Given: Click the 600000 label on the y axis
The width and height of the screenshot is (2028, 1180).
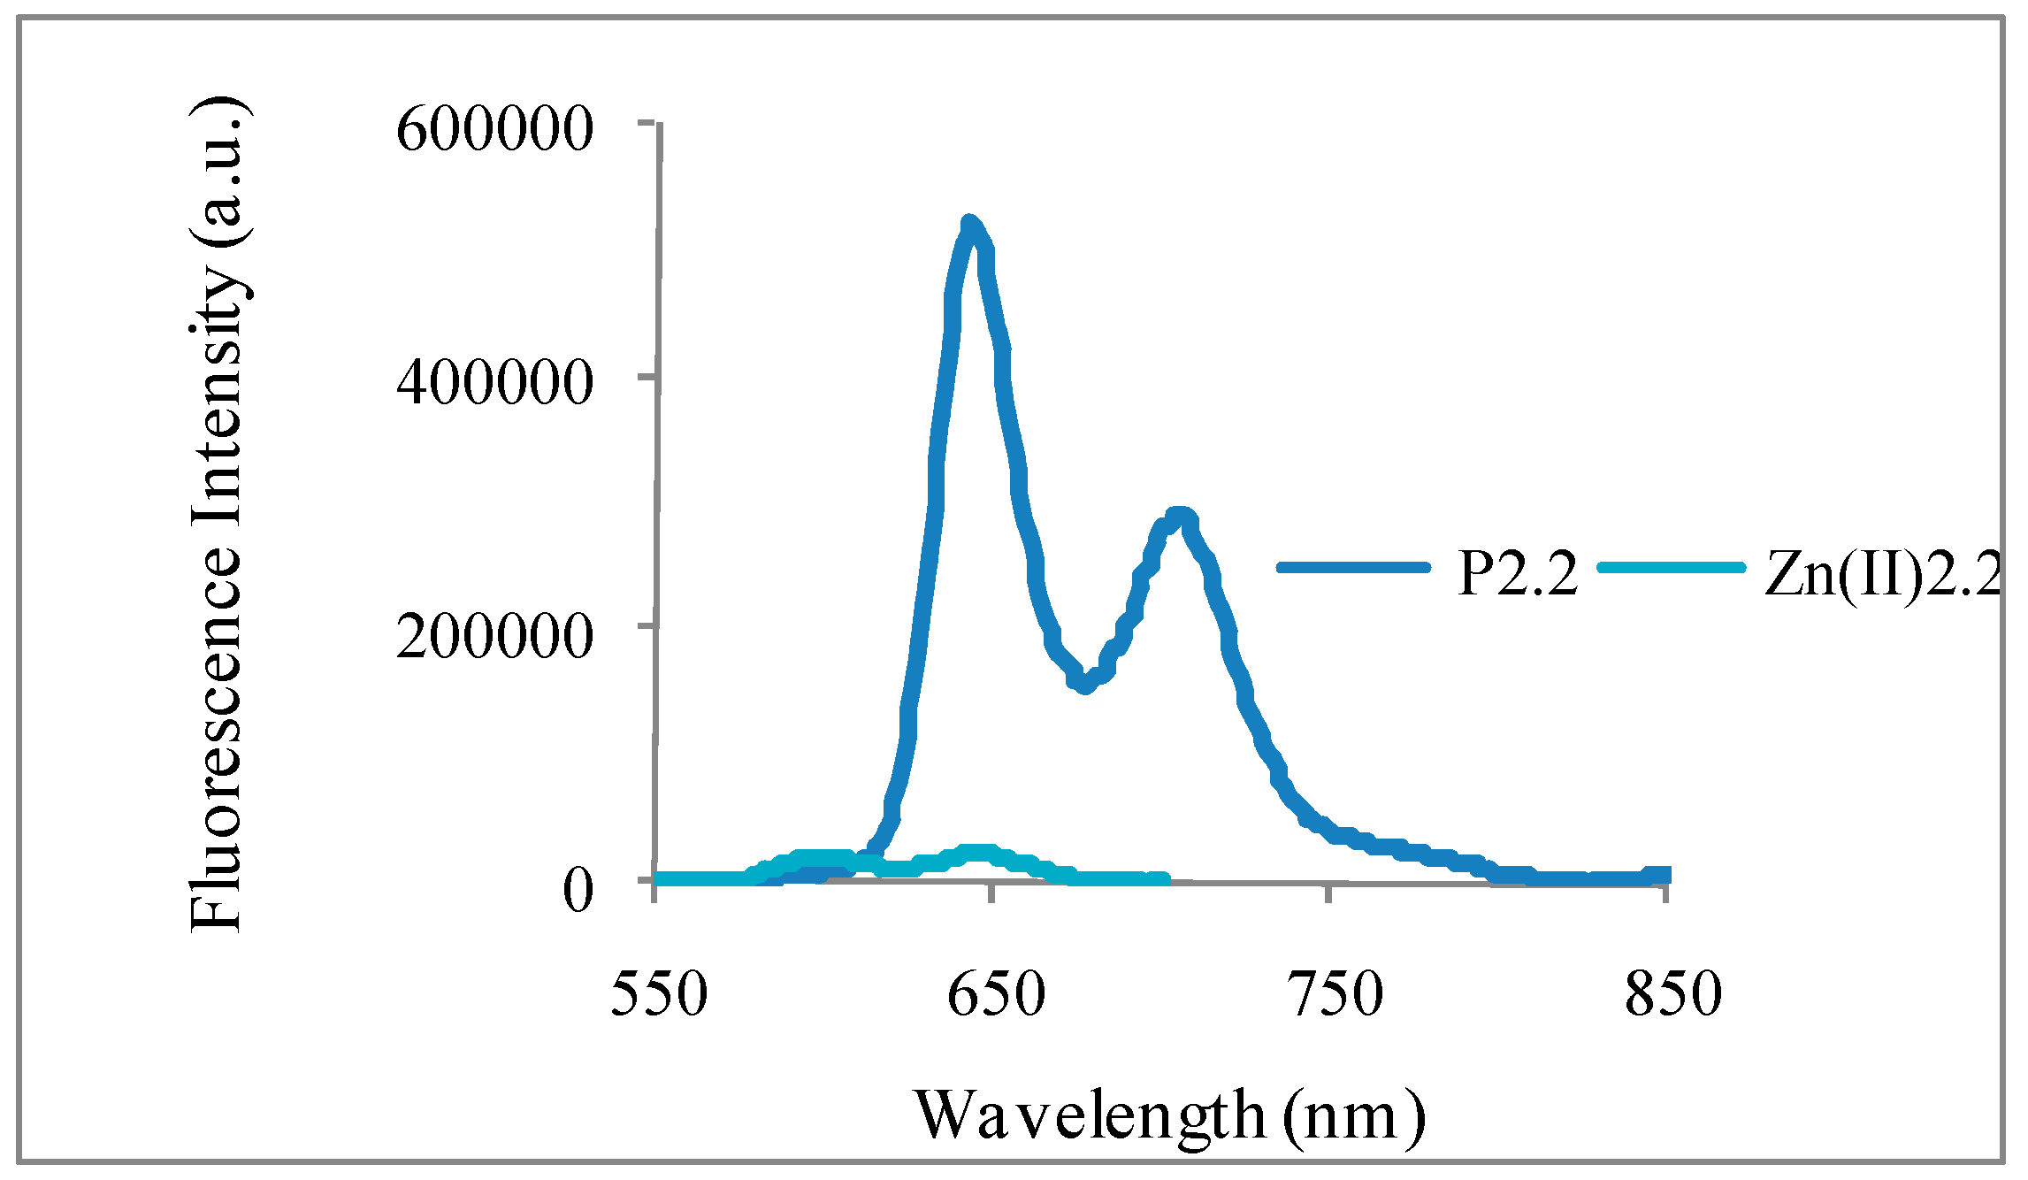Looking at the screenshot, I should click(x=494, y=129).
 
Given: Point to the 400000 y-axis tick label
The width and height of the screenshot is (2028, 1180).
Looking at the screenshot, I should click(x=494, y=382).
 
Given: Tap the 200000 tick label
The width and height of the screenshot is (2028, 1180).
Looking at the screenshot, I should click(x=494, y=635).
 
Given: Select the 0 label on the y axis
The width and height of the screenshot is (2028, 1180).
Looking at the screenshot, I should click(x=578, y=889).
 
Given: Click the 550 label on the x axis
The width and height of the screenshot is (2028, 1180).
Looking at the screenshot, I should click(x=659, y=993).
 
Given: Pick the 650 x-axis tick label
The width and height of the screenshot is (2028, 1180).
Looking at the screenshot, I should click(x=996, y=993).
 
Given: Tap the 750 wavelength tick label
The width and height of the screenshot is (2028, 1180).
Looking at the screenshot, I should click(x=1334, y=993).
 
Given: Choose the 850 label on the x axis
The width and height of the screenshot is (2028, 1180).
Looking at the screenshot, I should click(x=1672, y=993).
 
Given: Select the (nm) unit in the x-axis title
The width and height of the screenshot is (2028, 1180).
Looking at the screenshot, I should click(x=1354, y=1117).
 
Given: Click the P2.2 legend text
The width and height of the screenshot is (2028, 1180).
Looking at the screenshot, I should click(x=1517, y=573).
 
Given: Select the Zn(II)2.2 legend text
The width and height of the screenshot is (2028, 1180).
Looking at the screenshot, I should click(x=1882, y=573).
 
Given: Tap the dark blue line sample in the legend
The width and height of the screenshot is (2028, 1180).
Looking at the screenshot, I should click(x=1353, y=568).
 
